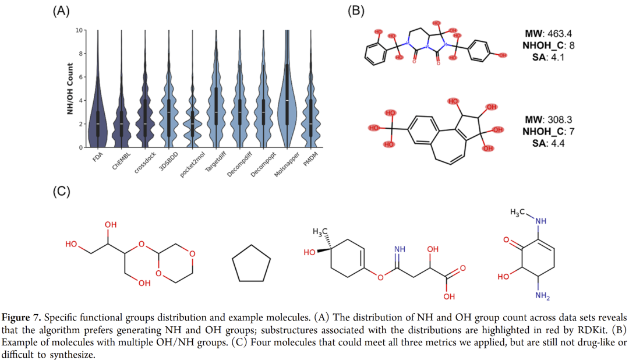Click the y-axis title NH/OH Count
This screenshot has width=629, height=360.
click(70, 88)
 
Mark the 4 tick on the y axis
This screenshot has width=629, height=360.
click(82, 100)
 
